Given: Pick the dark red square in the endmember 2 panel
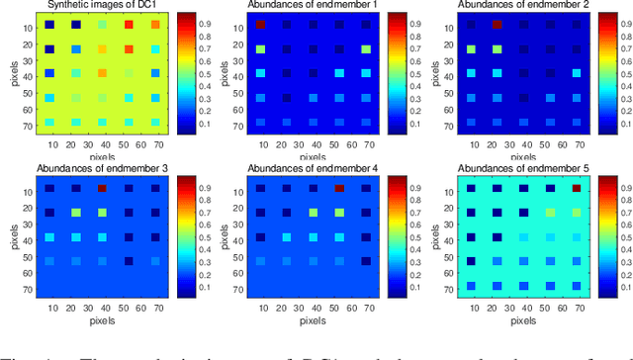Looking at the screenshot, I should pos(497,24).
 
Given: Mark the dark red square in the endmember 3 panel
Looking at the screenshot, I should pos(101,187).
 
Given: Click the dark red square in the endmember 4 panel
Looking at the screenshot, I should pos(339,187).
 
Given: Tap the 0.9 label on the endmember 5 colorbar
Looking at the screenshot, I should pos(620,186).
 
